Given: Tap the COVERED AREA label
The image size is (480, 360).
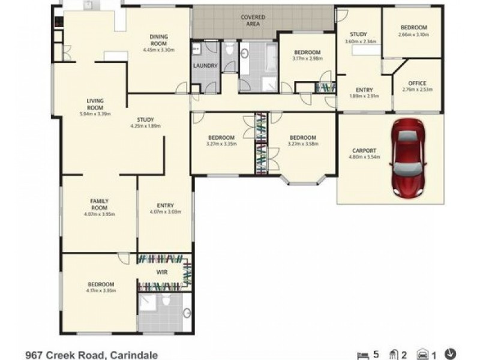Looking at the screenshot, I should click(x=253, y=20).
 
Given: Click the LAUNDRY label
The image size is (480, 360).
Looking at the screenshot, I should click(x=205, y=65).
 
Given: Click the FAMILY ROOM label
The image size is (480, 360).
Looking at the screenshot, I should click(x=99, y=203).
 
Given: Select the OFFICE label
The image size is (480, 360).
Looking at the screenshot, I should click(x=417, y=83).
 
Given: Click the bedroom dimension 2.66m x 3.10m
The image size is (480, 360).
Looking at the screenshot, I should click(x=414, y=34).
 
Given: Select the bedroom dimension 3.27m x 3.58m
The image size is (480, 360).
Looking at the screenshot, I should click(x=302, y=144).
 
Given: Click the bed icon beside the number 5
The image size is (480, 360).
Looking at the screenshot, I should click(x=361, y=355).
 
